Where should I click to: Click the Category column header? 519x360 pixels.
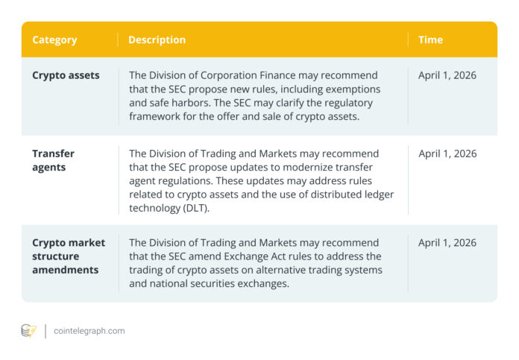[x=54, y=40]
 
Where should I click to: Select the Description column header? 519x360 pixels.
[x=157, y=40]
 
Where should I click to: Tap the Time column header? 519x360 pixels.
[x=430, y=40]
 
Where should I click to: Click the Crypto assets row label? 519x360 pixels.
[x=66, y=75]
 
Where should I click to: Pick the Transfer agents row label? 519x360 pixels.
[x=53, y=160]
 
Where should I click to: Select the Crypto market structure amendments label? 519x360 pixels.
[x=69, y=256]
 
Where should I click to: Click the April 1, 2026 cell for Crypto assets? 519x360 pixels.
[x=447, y=75]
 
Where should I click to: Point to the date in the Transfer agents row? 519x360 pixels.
[x=447, y=154]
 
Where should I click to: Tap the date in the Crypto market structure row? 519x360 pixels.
[x=447, y=242]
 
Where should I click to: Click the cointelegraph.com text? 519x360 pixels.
[x=89, y=330]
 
